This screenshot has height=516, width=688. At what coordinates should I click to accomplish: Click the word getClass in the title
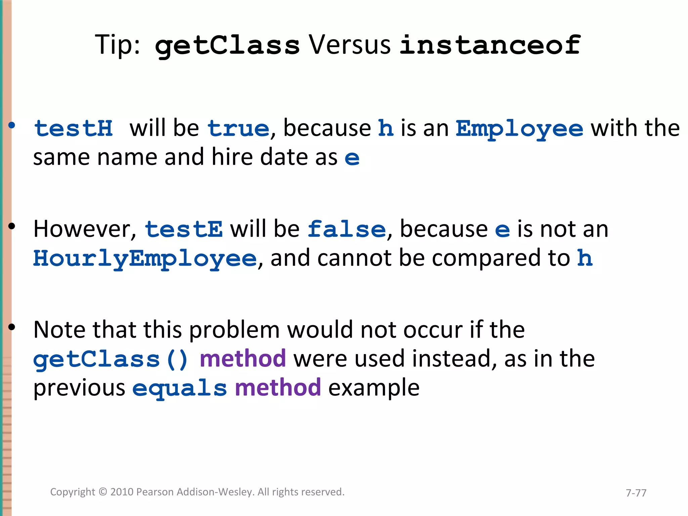click(227, 45)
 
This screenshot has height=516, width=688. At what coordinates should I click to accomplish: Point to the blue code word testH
click(74, 129)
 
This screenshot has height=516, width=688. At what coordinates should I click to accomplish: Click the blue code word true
click(239, 129)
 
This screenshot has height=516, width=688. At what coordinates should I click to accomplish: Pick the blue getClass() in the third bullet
click(111, 359)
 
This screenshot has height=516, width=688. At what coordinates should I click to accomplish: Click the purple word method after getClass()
click(243, 358)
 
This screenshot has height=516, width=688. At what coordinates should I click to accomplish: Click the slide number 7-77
click(636, 493)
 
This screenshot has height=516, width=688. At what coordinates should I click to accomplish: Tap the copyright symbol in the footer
click(103, 492)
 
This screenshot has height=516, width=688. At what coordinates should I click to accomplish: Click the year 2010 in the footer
click(122, 492)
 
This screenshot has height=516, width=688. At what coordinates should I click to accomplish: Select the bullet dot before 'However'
click(12, 226)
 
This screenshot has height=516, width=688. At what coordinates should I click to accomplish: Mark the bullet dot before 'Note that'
click(12, 327)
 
